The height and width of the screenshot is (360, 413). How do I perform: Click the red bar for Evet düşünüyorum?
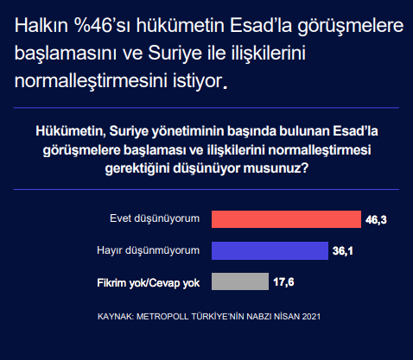pyautogui.click(x=285, y=219)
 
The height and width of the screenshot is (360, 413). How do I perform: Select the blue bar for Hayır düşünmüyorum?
pyautogui.click(x=269, y=250)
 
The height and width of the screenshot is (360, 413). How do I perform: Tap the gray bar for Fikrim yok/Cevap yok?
pyautogui.click(x=239, y=281)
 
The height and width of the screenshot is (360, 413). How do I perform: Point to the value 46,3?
pyautogui.click(x=376, y=220)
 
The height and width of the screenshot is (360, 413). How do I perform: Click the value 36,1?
pyautogui.click(x=343, y=251)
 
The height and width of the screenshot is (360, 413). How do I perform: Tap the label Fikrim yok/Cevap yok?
pyautogui.click(x=149, y=281)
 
